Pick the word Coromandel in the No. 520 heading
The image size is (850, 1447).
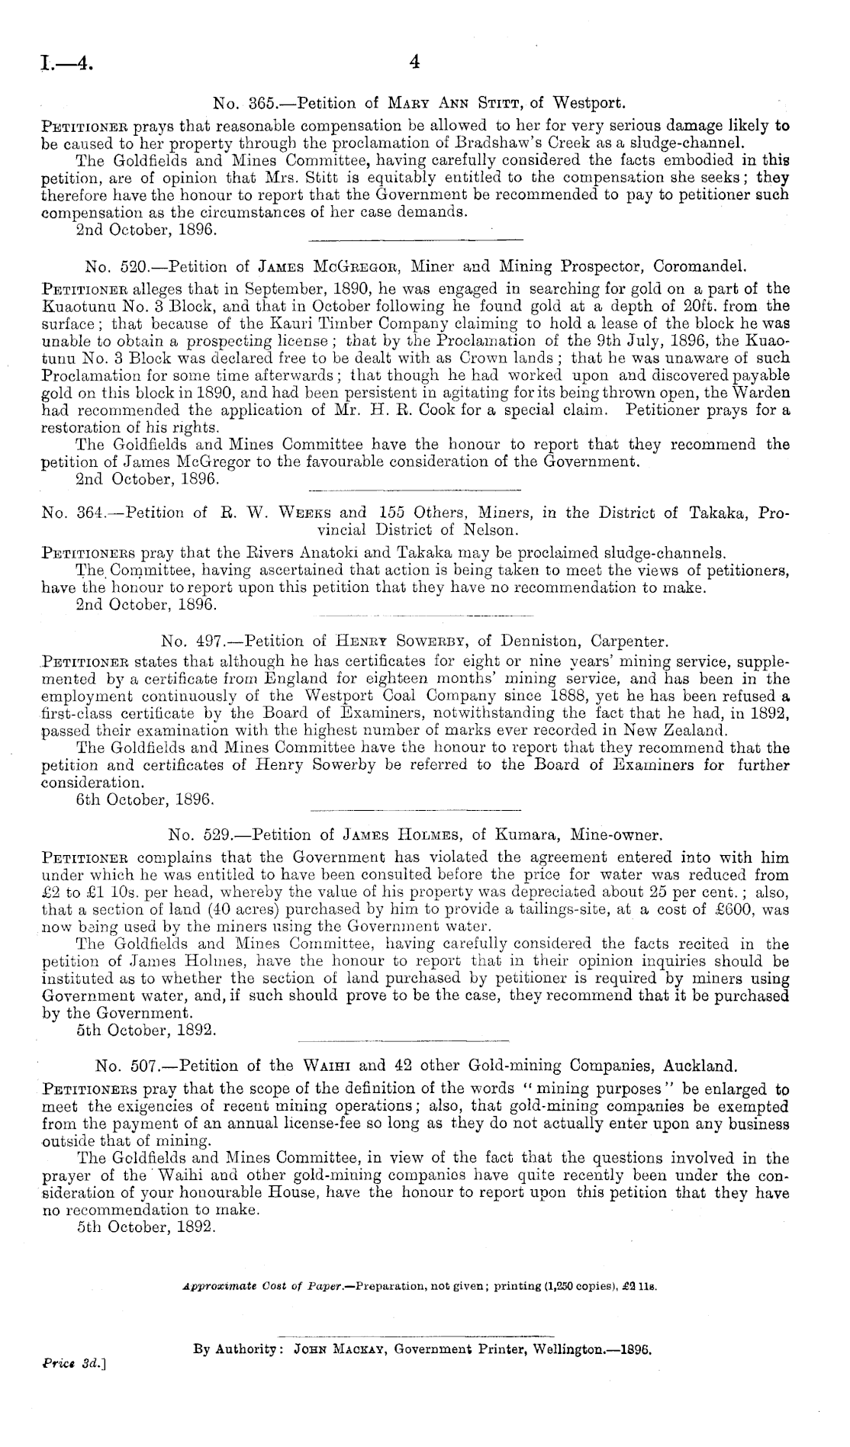coord(694,267)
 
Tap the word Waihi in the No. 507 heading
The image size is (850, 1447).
coord(327,1065)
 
